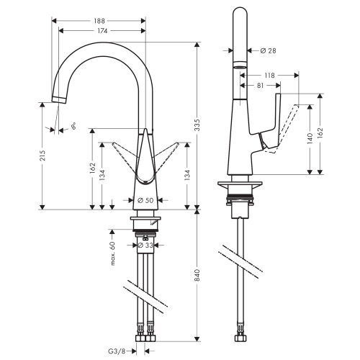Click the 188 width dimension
tap(101, 21)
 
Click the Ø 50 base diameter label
tap(146, 199)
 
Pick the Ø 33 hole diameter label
tap(145, 245)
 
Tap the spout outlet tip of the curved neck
tap(56, 99)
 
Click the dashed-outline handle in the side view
tap(288, 126)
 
